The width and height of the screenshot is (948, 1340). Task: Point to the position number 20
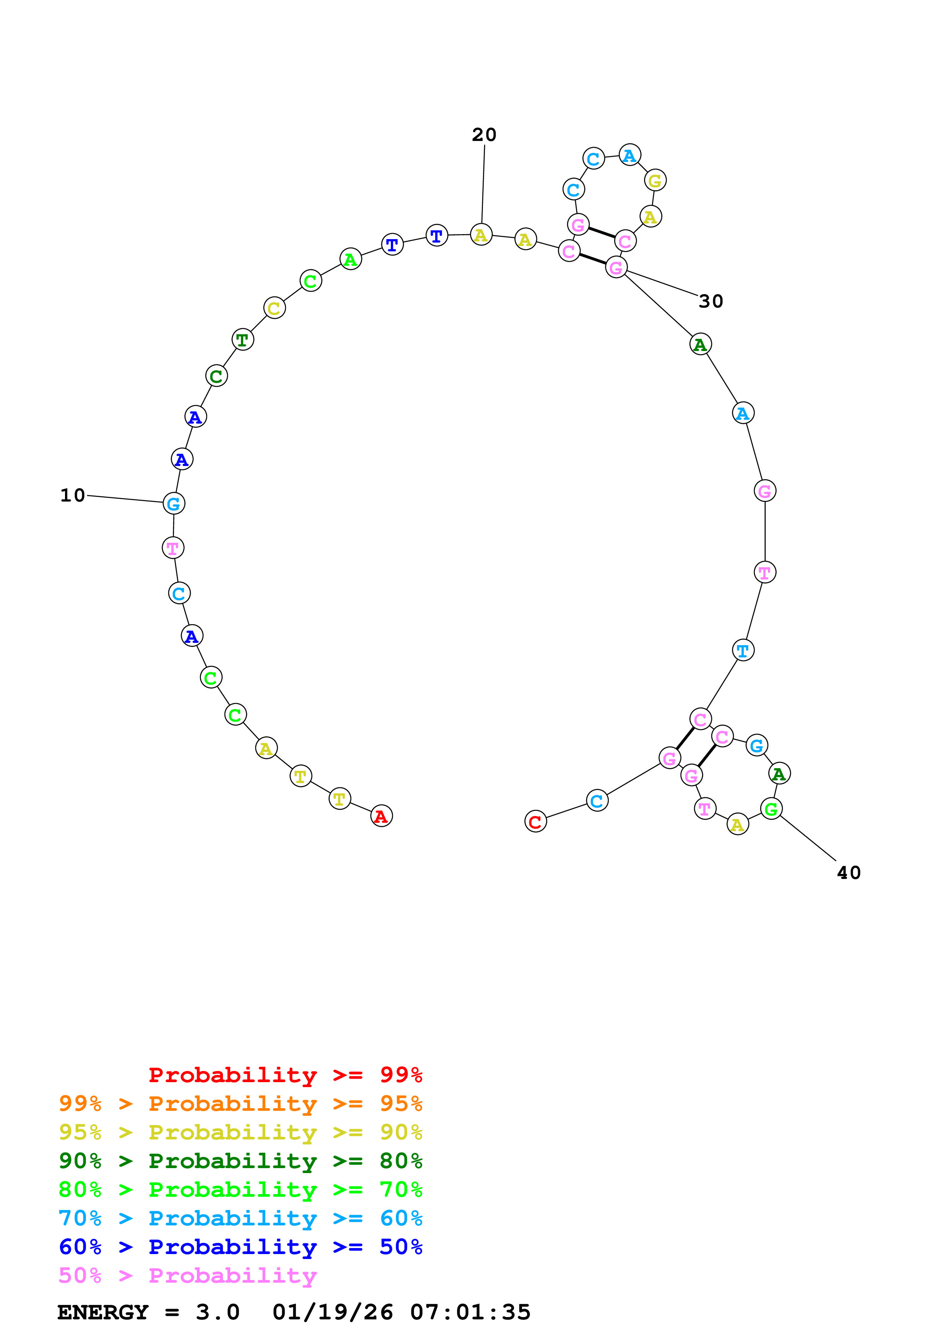[484, 135]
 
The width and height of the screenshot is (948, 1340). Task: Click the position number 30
[711, 301]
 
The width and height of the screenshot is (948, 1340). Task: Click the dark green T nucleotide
[242, 339]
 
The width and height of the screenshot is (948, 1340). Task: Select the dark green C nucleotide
[216, 376]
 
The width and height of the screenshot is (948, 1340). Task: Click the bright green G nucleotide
[771, 809]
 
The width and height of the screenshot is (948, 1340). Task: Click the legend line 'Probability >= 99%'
[285, 1075]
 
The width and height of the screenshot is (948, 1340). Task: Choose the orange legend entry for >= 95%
[241, 1104]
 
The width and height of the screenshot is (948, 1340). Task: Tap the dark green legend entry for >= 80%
[241, 1161]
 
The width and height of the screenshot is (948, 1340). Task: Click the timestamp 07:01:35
[470, 1312]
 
